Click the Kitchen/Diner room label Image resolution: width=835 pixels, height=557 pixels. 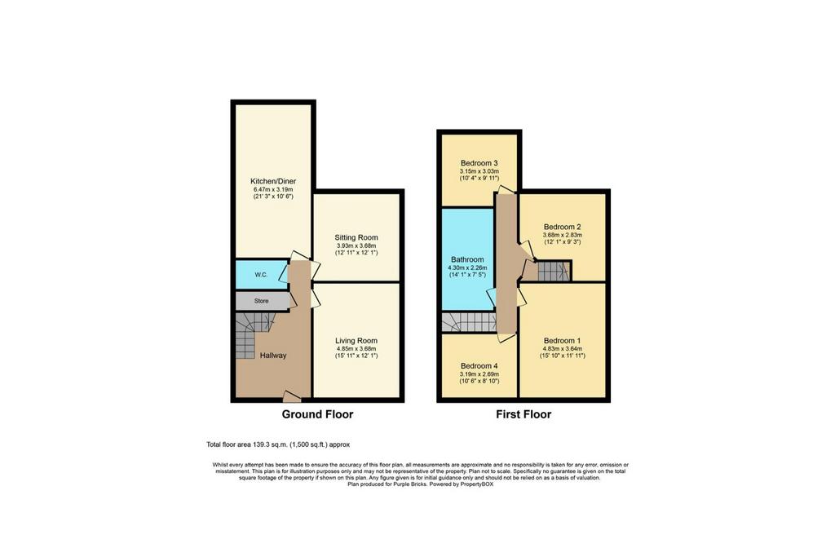(x=273, y=181)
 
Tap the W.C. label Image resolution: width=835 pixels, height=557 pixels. (x=261, y=275)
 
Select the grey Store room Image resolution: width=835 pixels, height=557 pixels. (x=263, y=301)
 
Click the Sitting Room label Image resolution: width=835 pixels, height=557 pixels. (x=356, y=237)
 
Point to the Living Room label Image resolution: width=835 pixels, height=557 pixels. (x=356, y=341)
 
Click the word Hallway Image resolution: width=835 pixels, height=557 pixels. (x=273, y=356)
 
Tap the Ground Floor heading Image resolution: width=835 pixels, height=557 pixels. (x=317, y=414)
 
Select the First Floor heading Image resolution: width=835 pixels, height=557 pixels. (x=524, y=414)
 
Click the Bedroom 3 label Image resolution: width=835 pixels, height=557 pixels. (x=479, y=163)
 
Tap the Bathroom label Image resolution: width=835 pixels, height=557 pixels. (x=467, y=260)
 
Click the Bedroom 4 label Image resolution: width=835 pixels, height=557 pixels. (x=479, y=366)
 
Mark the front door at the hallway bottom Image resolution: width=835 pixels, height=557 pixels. (x=291, y=396)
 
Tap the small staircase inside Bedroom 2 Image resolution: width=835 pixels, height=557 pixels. (x=554, y=271)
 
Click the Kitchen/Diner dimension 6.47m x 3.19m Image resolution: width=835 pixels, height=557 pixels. (x=273, y=189)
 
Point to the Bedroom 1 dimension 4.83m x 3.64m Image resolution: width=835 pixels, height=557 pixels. (x=563, y=349)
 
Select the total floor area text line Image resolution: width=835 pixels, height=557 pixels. (x=278, y=444)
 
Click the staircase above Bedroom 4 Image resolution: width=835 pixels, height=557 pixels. (x=469, y=322)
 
